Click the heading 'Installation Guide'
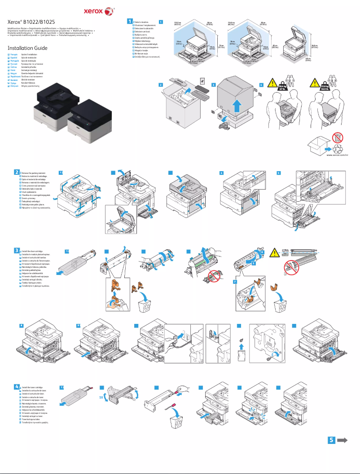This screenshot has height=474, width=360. [27, 48]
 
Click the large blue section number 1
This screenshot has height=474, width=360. [130, 21]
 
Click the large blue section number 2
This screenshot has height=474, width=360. [17, 172]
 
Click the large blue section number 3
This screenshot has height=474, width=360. [17, 250]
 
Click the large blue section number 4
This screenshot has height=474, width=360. [17, 386]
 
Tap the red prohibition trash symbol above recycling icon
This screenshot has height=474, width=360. [339, 138]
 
